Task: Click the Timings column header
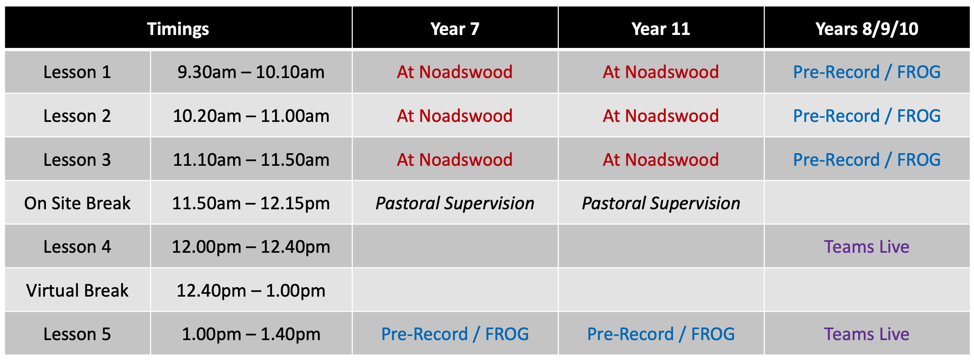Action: click(178, 29)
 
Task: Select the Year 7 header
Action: click(455, 29)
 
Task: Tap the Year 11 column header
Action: click(661, 29)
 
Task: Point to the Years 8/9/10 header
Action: click(867, 29)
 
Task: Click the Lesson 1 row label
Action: click(77, 72)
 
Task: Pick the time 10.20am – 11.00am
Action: click(251, 116)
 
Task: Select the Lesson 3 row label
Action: click(77, 160)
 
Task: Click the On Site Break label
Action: click(77, 203)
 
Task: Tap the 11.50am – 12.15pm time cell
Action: click(251, 203)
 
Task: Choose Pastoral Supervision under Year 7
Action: click(455, 203)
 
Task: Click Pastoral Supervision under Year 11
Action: click(661, 203)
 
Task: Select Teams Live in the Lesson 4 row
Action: click(866, 247)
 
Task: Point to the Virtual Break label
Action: click(77, 291)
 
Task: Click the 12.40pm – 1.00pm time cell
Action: click(251, 291)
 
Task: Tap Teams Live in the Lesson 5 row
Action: click(866, 334)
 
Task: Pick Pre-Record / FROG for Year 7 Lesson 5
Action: click(455, 334)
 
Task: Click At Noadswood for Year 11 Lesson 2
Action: click(661, 116)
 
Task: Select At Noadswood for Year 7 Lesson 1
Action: click(455, 72)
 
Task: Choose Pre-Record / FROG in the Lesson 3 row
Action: click(867, 160)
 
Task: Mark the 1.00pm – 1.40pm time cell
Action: click(251, 334)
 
